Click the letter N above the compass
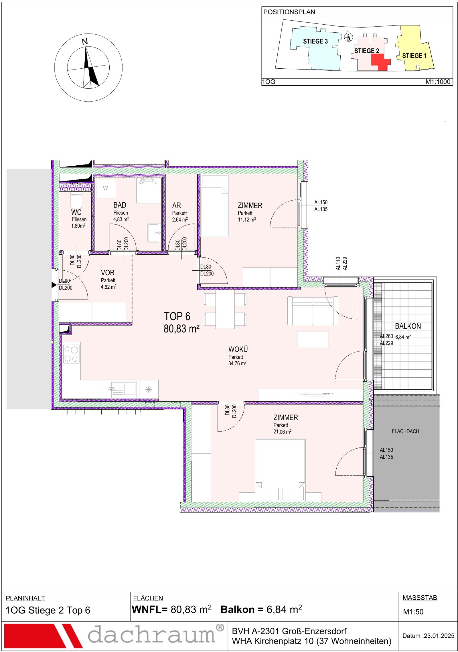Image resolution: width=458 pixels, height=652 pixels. (x=85, y=42)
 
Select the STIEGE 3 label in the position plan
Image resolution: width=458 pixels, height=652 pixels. (x=315, y=41)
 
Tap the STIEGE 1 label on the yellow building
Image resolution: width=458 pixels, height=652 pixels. (x=414, y=56)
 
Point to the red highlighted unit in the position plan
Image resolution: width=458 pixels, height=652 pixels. (x=380, y=62)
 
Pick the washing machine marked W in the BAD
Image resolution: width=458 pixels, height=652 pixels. (x=105, y=188)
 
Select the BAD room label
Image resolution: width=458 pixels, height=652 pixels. (x=120, y=205)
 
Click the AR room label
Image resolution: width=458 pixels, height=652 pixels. (x=176, y=205)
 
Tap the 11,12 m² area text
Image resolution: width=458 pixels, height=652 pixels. (x=247, y=220)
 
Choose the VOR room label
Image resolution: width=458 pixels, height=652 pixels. (x=108, y=273)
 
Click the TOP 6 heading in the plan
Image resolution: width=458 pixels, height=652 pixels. (x=177, y=316)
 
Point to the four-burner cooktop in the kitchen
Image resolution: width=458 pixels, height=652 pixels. (x=71, y=354)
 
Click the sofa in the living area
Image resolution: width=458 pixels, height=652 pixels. (x=313, y=311)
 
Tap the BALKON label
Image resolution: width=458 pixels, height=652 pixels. (x=408, y=326)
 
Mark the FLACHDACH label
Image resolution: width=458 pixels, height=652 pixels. (x=405, y=431)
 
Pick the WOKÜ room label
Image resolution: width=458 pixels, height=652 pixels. (x=238, y=349)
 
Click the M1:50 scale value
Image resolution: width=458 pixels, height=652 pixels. (x=413, y=612)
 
